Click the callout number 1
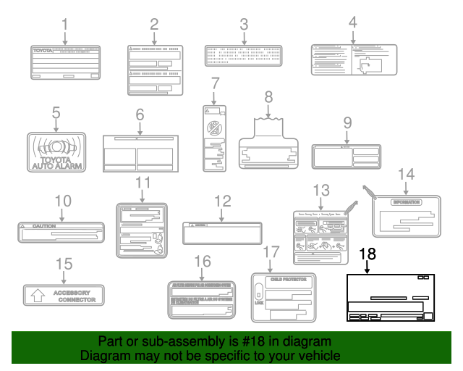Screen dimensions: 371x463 click(65, 23)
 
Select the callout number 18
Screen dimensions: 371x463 click(368, 254)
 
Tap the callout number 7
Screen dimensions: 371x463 click(214, 84)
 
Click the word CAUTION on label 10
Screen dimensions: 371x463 click(44, 226)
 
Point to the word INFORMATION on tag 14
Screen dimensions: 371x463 click(406, 201)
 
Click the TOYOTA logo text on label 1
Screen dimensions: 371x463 click(47, 51)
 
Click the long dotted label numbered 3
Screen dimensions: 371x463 click(243, 55)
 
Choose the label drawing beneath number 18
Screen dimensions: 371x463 click(390, 298)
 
